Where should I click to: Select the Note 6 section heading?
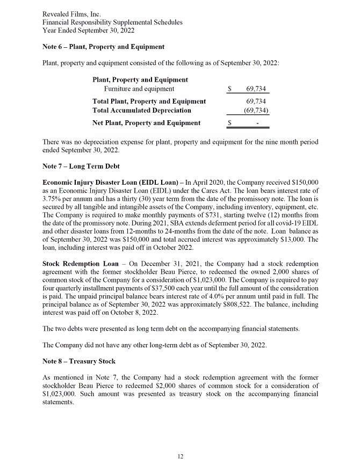point(103,47)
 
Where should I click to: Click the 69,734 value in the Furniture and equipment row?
point(256,89)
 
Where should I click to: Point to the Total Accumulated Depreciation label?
point(141,110)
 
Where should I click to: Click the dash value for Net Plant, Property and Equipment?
point(258,123)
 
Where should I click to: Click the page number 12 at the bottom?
point(180,456)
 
